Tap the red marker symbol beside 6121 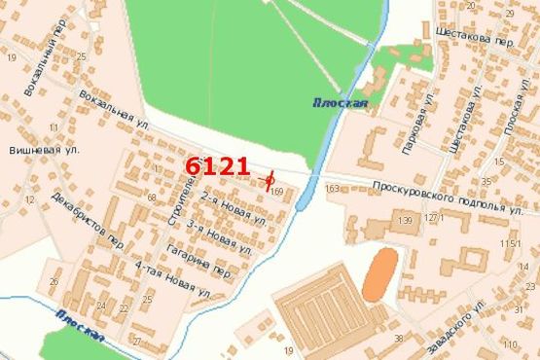270,179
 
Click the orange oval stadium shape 380,274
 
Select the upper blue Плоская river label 340,102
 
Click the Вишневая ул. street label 44,151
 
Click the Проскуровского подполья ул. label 449,197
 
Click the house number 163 334,188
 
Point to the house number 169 277,193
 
